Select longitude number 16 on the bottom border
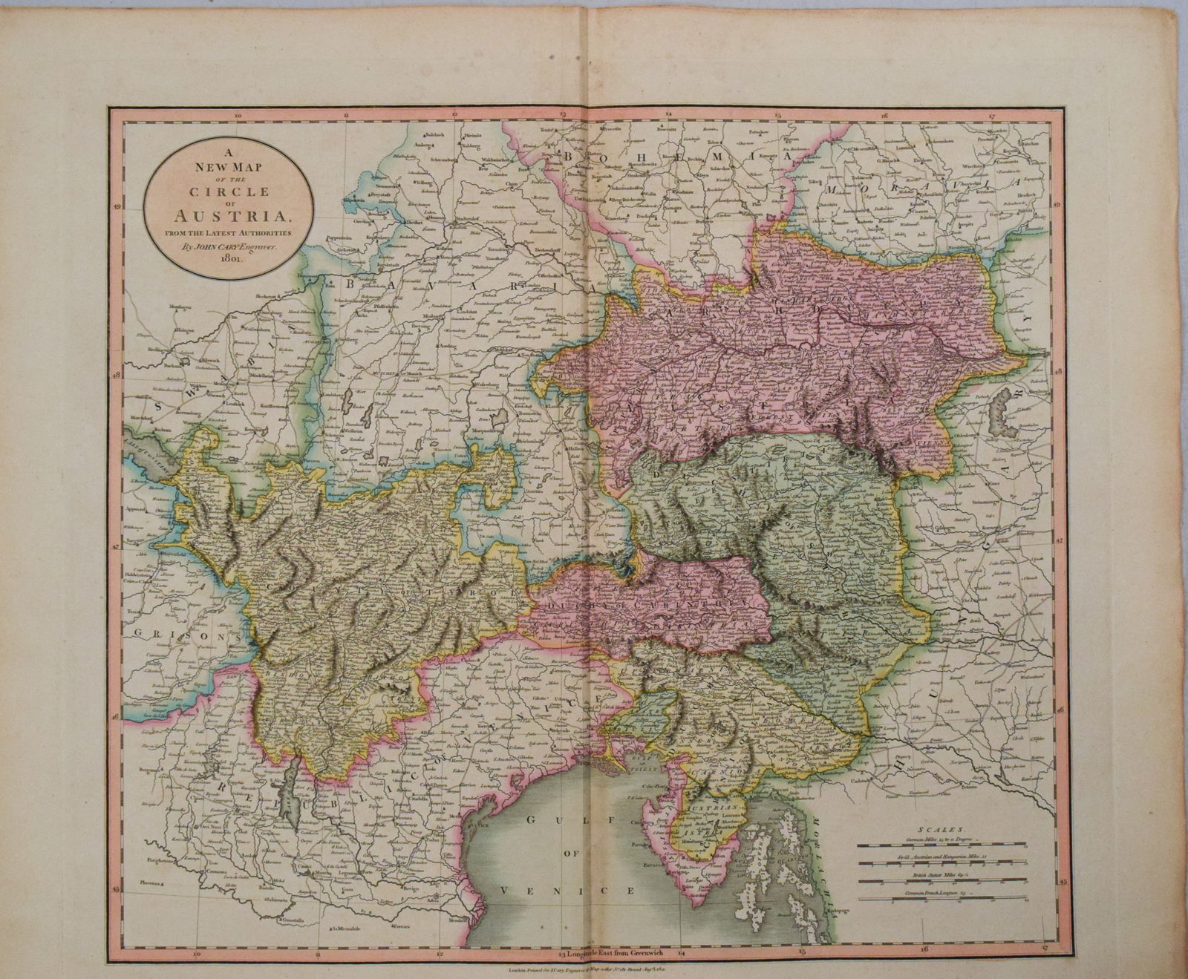click(x=923, y=950)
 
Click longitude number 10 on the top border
click(x=238, y=115)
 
